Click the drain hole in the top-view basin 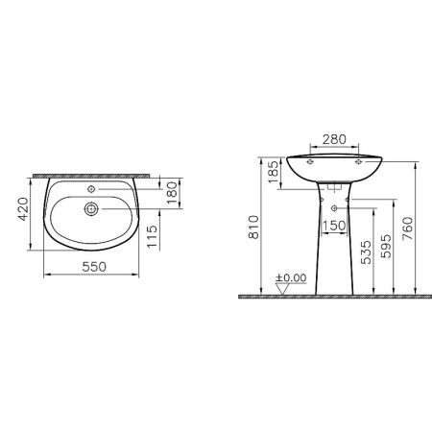(91, 207)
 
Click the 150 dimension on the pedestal (335, 227)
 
